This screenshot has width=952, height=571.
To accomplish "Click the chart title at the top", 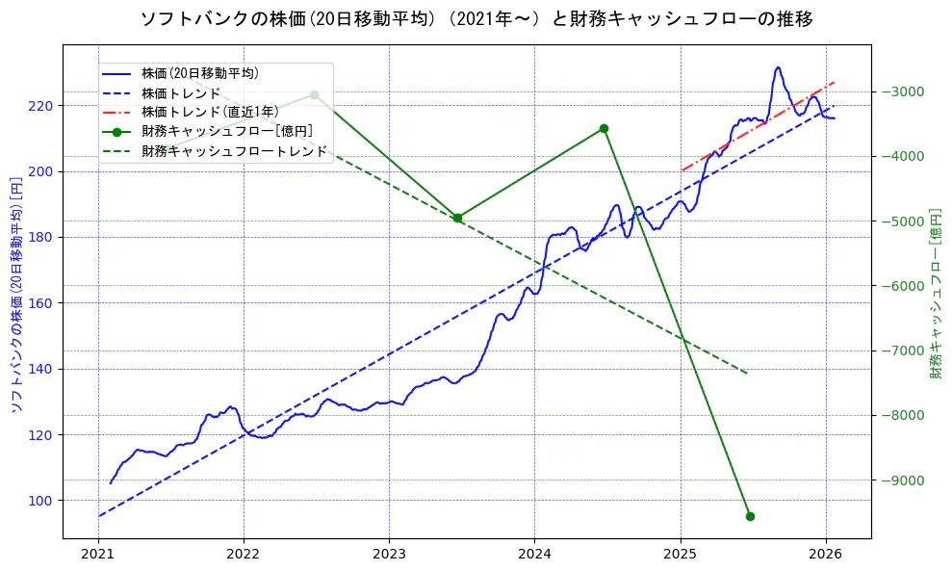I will coord(476,18).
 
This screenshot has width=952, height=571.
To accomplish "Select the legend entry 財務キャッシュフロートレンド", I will coord(234,151).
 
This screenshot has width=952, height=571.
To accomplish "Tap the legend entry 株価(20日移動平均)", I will coord(199,73).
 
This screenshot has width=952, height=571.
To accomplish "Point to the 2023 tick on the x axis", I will coord(389,555).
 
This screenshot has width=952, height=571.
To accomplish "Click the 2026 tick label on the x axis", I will coord(826,555).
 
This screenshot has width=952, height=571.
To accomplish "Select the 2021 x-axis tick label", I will coord(97,555).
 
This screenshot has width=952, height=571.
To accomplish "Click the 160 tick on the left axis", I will coord(43,303).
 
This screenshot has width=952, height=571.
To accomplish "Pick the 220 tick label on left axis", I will coord(43,106).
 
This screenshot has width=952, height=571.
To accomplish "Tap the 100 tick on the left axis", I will coord(43,501).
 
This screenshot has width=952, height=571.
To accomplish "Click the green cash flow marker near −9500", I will coord(750,516).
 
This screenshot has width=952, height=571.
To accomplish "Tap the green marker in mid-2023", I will coord(457,218).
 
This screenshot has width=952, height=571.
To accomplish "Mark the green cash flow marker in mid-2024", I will coord(604,128).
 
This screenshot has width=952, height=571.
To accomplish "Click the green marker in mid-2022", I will coord(314,94).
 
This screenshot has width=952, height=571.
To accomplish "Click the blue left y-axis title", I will coord(15,295).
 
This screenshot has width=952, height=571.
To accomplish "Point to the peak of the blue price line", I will coord(778,67).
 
